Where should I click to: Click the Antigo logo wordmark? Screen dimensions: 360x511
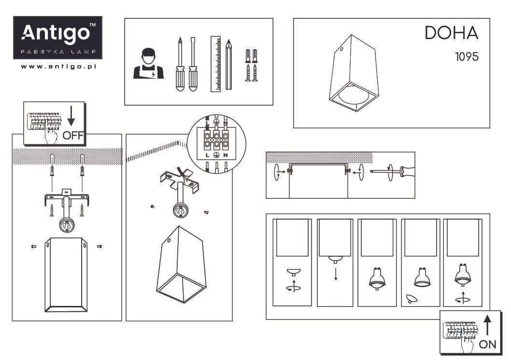[x=57, y=33]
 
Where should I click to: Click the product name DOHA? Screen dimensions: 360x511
[x=451, y=33]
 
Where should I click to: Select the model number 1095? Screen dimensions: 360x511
[x=466, y=56]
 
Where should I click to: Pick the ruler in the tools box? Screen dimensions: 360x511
[x=215, y=64]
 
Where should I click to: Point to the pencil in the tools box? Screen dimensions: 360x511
[x=228, y=64]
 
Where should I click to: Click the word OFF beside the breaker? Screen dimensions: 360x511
[x=73, y=135]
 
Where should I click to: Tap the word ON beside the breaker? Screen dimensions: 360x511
[x=488, y=344]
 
